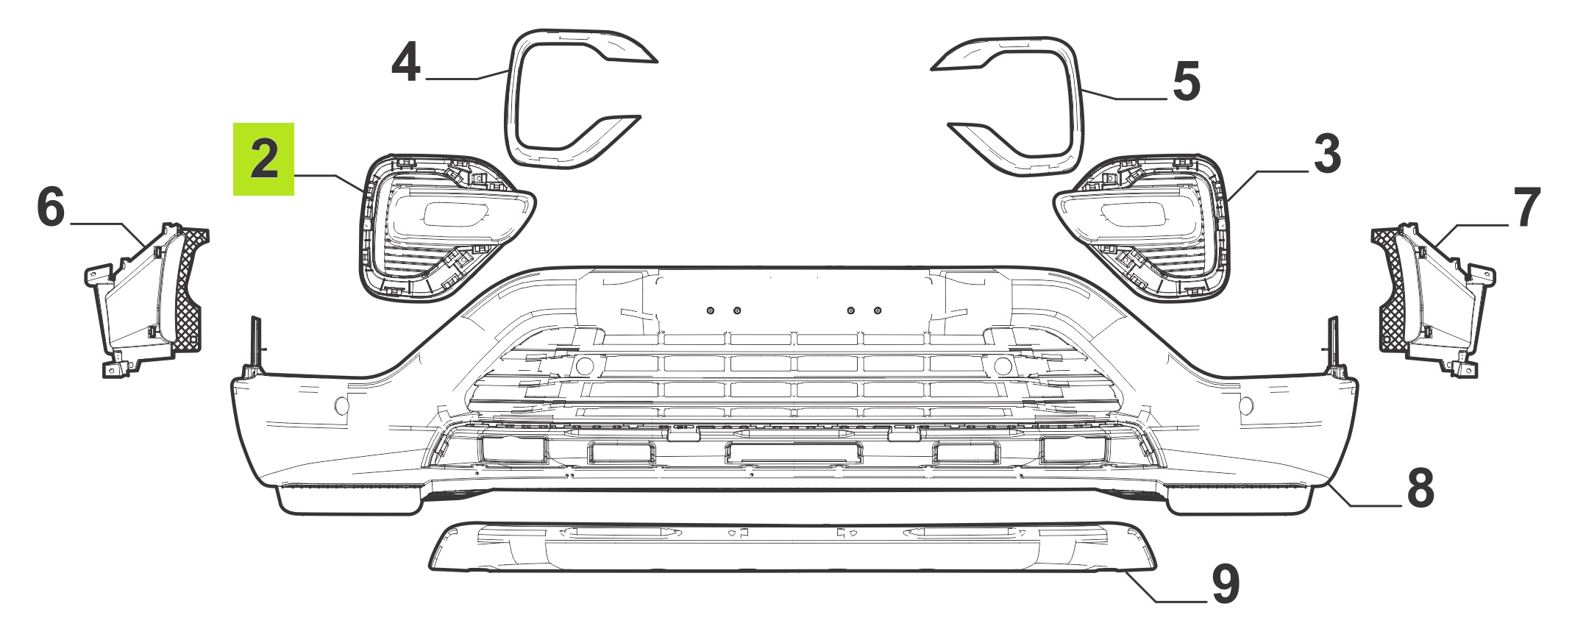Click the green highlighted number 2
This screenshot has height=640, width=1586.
tap(264, 160)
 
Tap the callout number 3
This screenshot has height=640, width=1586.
tap(1326, 154)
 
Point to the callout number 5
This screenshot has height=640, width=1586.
tap(1187, 82)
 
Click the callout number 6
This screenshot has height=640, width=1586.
tap(51, 208)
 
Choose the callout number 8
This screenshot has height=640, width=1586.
tap(1420, 488)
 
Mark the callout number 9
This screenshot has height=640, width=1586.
tap(1225, 585)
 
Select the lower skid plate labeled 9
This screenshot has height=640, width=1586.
tap(793, 548)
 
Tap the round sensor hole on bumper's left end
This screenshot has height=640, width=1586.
tap(341, 404)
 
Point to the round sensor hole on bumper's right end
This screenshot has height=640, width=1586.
tap(1247, 404)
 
